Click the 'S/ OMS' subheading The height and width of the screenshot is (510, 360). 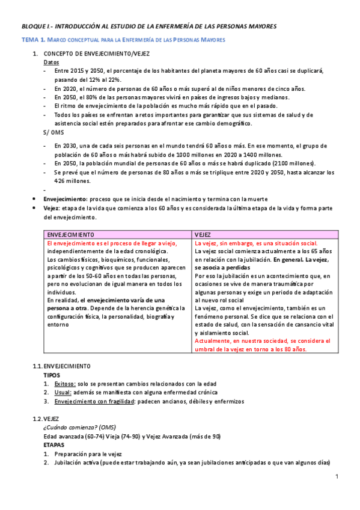click(x=53, y=132)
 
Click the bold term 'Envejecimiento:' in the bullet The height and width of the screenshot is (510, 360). click(x=66, y=199)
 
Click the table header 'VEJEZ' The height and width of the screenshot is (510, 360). click(x=203, y=234)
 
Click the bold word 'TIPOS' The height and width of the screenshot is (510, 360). click(x=52, y=375)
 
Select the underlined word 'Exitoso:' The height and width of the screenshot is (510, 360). click(x=66, y=384)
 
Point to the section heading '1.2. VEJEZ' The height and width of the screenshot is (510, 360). click(x=46, y=419)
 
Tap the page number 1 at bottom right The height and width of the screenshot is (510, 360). click(x=337, y=477)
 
